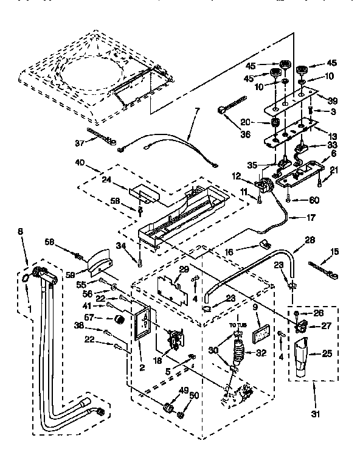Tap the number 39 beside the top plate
[332, 100]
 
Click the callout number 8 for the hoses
[21, 232]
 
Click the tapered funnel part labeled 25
[300, 357]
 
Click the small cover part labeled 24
[141, 191]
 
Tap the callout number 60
[314, 200]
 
